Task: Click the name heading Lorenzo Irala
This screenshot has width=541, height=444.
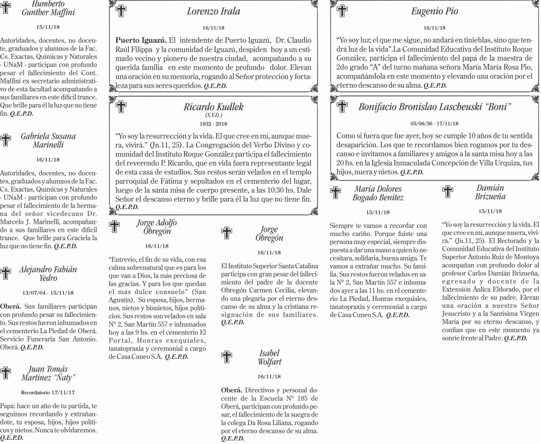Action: (213, 12)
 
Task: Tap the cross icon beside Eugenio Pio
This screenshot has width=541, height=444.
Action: (342, 11)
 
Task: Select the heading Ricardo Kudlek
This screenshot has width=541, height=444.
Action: (213, 107)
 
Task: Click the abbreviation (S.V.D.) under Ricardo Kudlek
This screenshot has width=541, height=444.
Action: (213, 115)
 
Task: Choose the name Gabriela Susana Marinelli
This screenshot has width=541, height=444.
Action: (48, 140)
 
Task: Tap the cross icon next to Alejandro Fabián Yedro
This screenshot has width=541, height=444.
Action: (6, 273)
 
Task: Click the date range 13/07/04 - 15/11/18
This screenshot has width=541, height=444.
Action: (48, 293)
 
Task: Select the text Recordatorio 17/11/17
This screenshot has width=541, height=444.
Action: (48, 393)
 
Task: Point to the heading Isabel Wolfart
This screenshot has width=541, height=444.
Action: (269, 357)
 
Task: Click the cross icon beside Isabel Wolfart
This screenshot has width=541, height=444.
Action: (226, 357)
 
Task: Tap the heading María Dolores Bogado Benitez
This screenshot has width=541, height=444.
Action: (378, 193)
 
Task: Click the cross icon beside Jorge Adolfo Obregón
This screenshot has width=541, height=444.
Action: (115, 227)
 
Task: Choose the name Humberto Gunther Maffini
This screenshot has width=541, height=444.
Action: (48, 8)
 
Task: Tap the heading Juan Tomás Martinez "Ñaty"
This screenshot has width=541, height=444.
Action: (48, 373)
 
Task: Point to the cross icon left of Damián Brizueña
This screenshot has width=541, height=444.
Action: (448, 192)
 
